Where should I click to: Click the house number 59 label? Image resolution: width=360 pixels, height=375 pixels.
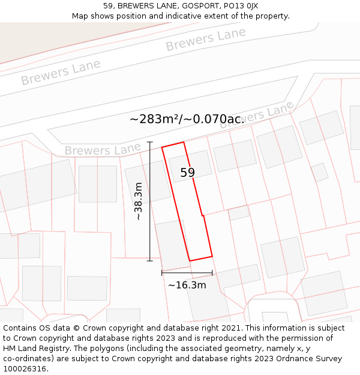[187, 173]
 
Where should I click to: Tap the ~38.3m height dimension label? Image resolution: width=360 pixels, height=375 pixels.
[139, 202]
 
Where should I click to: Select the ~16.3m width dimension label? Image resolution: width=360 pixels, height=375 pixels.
[187, 285]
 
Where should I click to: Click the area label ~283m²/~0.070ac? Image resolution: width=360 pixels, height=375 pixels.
[187, 119]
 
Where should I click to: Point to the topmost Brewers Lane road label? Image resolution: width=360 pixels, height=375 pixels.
[206, 40]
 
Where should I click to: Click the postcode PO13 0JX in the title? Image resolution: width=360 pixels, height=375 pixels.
[238, 6]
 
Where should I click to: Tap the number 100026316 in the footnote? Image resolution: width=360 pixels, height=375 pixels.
[26, 369]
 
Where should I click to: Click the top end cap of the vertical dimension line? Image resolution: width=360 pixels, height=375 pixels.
[150, 142]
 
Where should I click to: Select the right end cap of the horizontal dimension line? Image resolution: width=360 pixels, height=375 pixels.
[212, 273]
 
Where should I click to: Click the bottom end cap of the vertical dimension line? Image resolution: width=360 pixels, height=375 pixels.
[150, 260]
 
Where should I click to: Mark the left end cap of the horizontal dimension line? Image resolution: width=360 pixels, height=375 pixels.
[162, 273]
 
